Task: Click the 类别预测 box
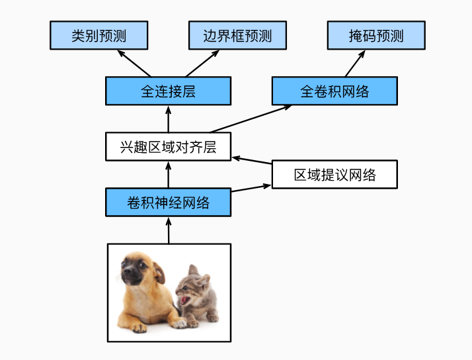tap(98, 35)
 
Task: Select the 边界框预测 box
tap(237, 35)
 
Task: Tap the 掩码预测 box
tap(376, 35)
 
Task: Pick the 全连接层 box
tap(168, 91)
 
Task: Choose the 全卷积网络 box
tap(334, 91)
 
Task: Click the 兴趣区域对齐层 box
tap(168, 146)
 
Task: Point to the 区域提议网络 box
tap(334, 175)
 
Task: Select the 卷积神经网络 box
tap(168, 202)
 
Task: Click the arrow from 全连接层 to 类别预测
tap(135, 64)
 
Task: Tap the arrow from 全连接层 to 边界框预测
tap(202, 64)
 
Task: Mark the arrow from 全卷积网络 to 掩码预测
tap(354, 64)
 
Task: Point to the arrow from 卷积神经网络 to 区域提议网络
tap(252, 189)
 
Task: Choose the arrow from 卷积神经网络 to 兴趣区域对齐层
tap(168, 174)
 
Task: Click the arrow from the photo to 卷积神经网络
tap(168, 230)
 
